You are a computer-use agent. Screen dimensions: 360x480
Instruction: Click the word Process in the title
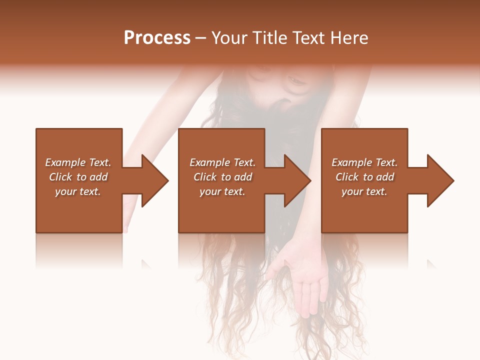pyautogui.click(x=157, y=38)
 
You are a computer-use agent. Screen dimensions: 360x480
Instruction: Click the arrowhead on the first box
pyautogui.click(x=154, y=180)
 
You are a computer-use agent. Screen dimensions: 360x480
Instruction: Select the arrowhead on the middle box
pyautogui.click(x=296, y=180)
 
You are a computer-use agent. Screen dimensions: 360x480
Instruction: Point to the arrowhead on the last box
pyautogui.click(x=439, y=180)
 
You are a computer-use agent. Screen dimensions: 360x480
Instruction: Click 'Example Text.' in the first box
pyautogui.click(x=78, y=162)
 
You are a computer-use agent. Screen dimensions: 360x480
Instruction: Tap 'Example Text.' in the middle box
pyautogui.click(x=222, y=162)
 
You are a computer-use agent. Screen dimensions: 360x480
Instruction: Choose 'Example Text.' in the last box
pyautogui.click(x=364, y=162)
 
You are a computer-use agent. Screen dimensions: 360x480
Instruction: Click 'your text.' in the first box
pyautogui.click(x=78, y=191)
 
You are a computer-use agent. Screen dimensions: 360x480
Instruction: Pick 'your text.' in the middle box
pyautogui.click(x=222, y=191)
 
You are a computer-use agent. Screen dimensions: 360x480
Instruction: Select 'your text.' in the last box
pyautogui.click(x=364, y=191)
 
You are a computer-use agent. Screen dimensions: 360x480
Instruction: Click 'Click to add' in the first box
pyautogui.click(x=78, y=177)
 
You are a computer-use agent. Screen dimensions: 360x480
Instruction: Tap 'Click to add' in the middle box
pyautogui.click(x=222, y=177)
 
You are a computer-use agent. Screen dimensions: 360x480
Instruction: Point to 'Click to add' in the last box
pyautogui.click(x=364, y=177)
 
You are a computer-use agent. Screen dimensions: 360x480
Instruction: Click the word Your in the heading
pyautogui.click(x=229, y=38)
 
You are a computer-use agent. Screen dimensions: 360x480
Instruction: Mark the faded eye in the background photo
pyautogui.click(x=295, y=80)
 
